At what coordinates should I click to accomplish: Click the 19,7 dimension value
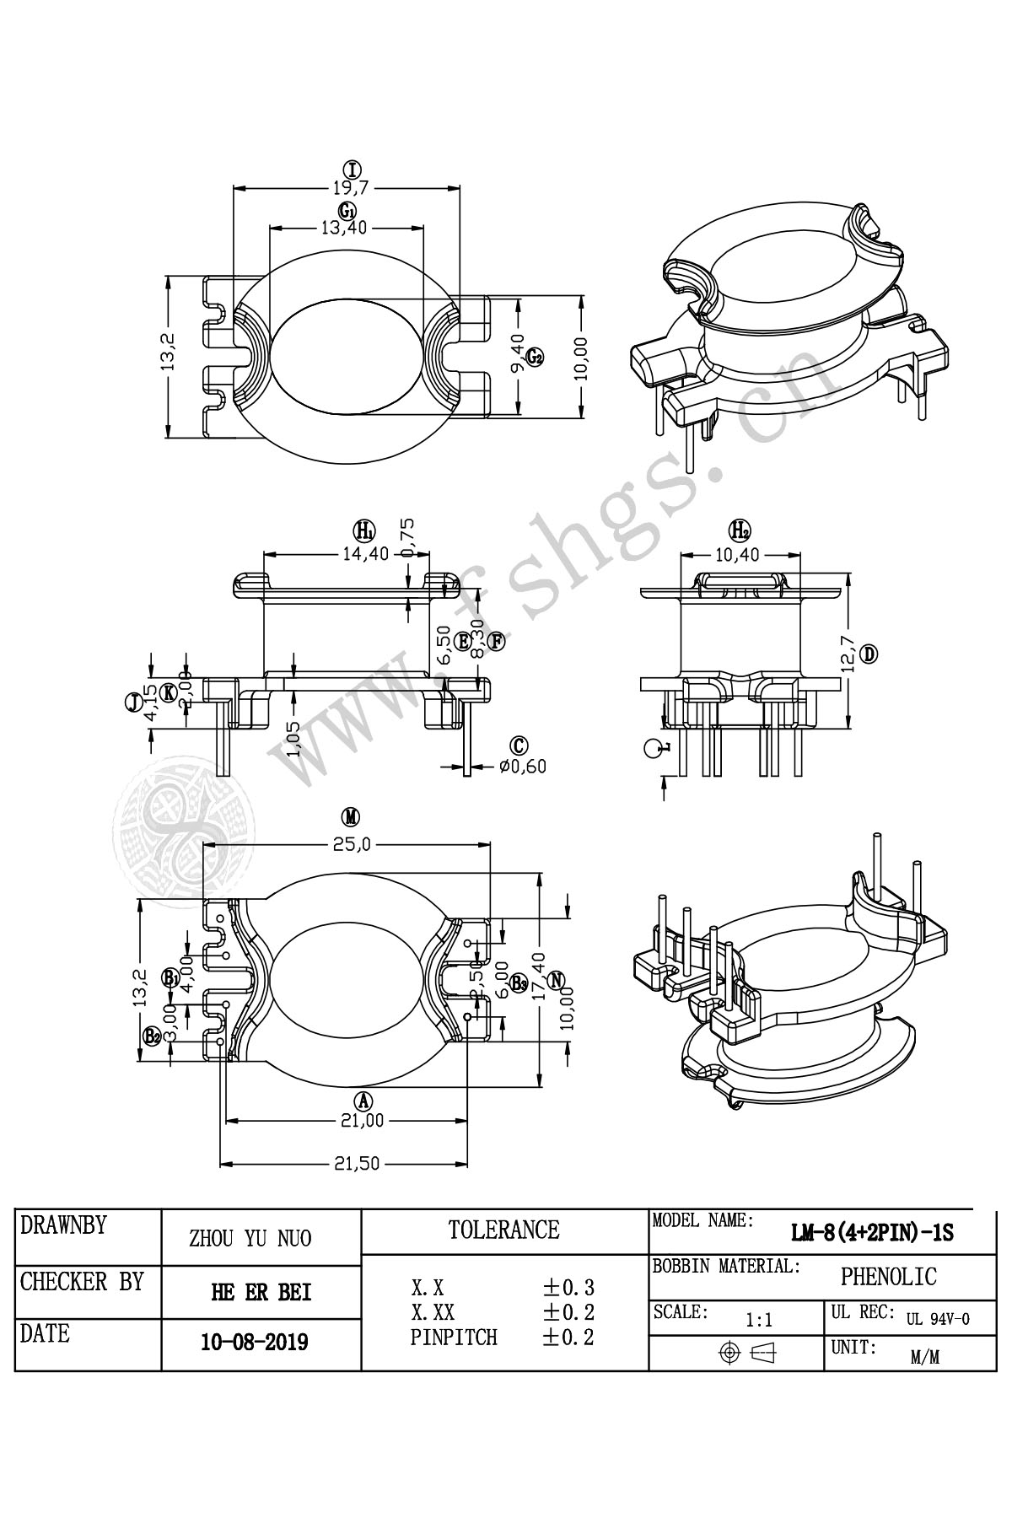pyautogui.click(x=346, y=188)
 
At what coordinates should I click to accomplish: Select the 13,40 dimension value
pyautogui.click(x=346, y=227)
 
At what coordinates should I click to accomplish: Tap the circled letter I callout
pyautogui.click(x=346, y=168)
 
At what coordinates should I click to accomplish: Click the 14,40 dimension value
pyautogui.click(x=365, y=554)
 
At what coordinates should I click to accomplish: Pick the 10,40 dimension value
pyautogui.click(x=738, y=554)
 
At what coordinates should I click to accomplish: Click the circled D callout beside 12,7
pyautogui.click(x=870, y=654)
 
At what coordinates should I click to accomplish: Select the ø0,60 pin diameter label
pyautogui.click(x=523, y=766)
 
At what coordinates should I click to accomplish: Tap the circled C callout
pyautogui.click(x=519, y=745)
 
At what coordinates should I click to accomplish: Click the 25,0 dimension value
pyautogui.click(x=350, y=842)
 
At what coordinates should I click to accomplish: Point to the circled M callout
pyautogui.click(x=350, y=816)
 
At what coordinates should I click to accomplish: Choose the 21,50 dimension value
pyautogui.click(x=358, y=1163)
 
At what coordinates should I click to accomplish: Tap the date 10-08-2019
pyautogui.click(x=255, y=1342)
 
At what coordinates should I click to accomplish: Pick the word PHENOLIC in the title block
pyautogui.click(x=888, y=1277)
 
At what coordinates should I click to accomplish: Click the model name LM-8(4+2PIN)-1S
pyautogui.click(x=872, y=1233)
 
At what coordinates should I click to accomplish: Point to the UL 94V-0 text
pyautogui.click(x=938, y=1319)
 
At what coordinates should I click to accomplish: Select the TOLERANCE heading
pyautogui.click(x=503, y=1230)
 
